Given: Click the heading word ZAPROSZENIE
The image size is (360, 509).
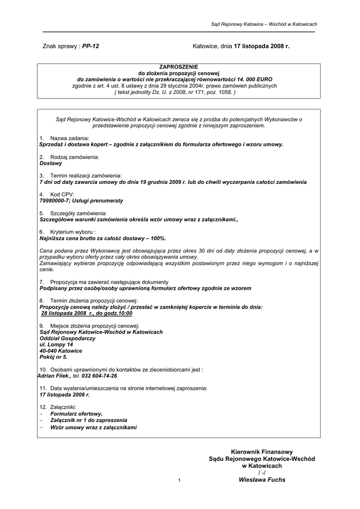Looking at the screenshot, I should (x=179, y=66).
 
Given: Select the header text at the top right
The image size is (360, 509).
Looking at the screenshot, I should (x=264, y=24).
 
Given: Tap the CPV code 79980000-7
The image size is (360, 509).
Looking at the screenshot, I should (x=57, y=201).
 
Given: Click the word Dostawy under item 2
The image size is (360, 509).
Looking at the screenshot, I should (x=51, y=163).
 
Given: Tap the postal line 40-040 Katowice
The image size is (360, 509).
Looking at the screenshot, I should (x=61, y=350).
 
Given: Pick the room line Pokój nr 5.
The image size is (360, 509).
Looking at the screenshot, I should (x=53, y=357).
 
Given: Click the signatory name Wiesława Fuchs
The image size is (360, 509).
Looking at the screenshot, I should (x=262, y=480).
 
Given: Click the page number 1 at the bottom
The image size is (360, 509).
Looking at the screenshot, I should (x=179, y=480).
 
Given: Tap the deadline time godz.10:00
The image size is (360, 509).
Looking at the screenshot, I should (x=118, y=314).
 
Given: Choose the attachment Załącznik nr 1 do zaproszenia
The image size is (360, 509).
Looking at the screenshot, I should (x=89, y=420).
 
